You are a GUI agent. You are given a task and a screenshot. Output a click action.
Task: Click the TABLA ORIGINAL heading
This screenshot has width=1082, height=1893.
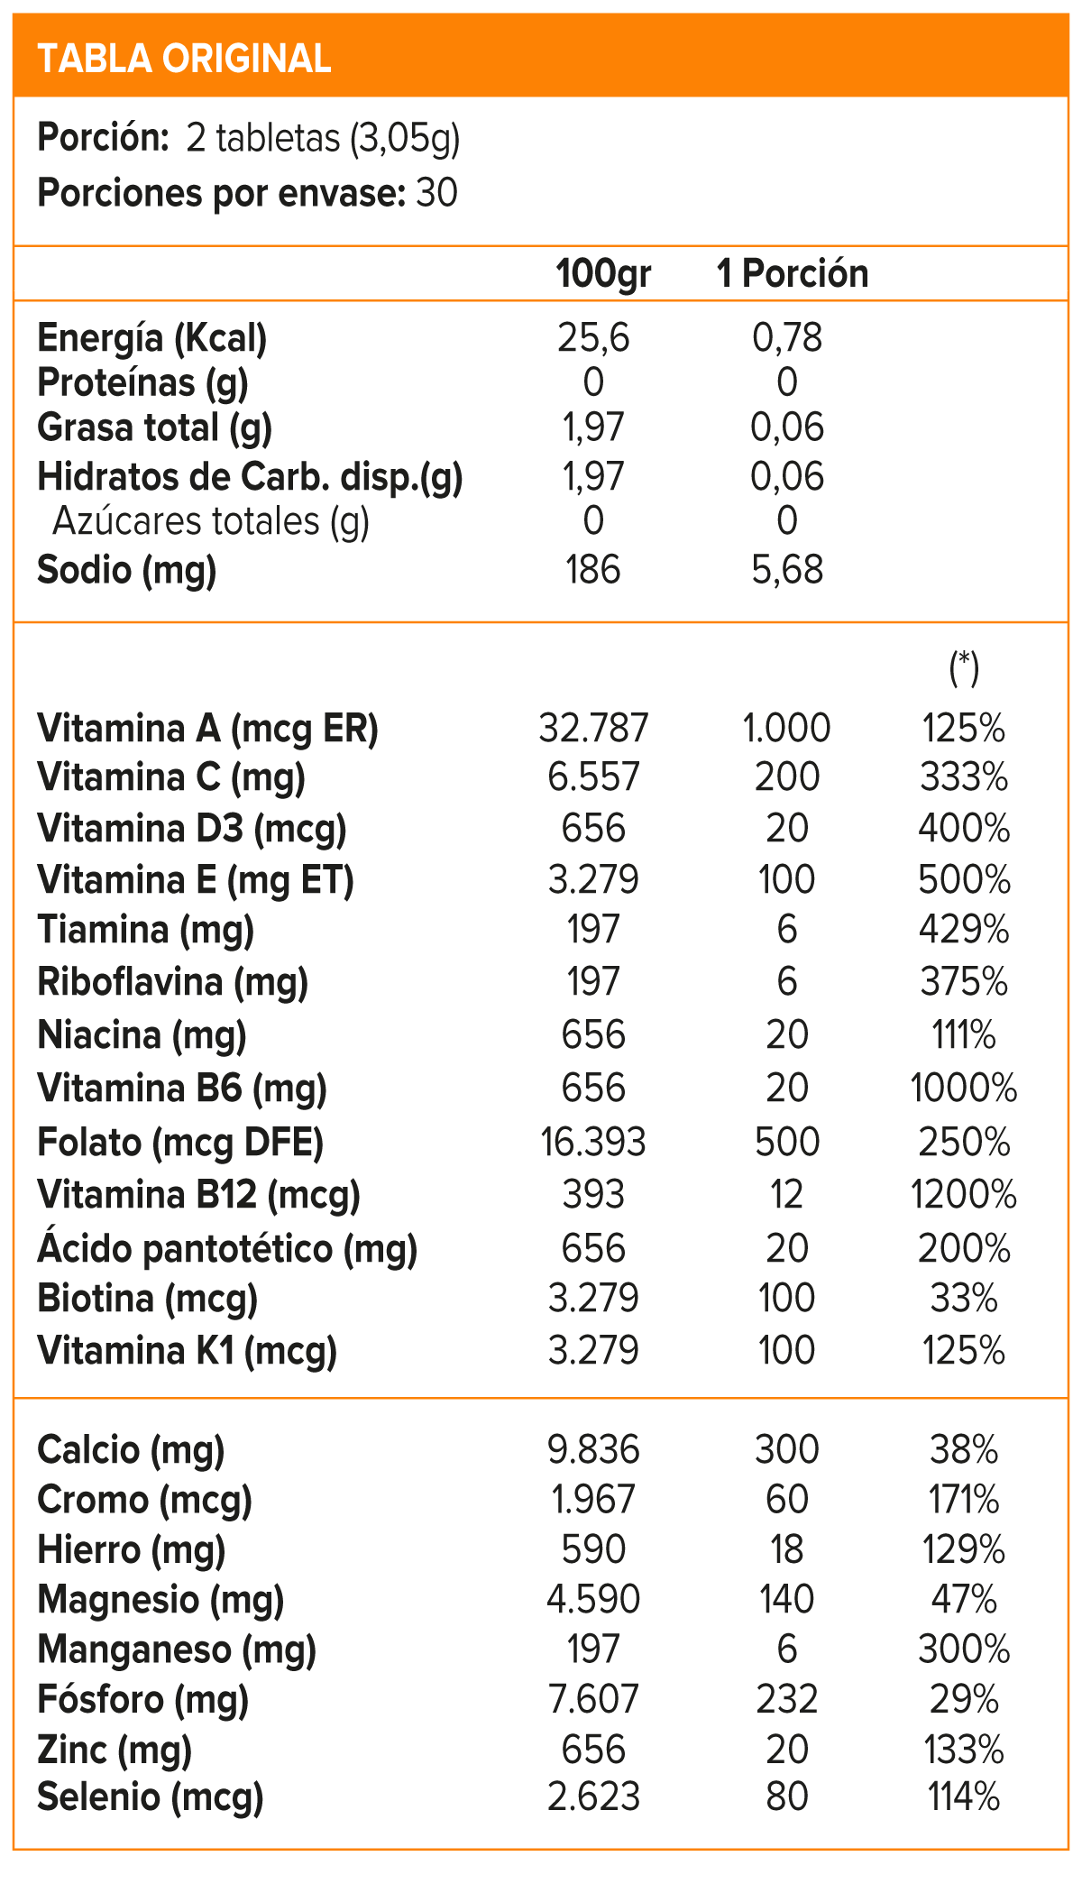tap(184, 59)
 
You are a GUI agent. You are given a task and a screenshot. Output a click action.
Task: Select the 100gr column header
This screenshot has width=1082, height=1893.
tap(603, 273)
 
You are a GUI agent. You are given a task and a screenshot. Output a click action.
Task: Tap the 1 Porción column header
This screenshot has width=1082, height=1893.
tap(793, 273)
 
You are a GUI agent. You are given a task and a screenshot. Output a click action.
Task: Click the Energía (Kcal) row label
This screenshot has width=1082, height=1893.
tap(152, 338)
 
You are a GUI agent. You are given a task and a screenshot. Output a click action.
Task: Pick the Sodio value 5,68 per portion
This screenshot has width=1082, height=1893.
tap(787, 570)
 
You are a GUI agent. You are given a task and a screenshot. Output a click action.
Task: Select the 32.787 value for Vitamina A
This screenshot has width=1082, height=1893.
tap(593, 728)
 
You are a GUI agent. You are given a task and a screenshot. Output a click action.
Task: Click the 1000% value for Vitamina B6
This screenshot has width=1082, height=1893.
tap(964, 1088)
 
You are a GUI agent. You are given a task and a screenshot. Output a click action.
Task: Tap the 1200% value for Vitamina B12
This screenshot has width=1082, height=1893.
tap(964, 1195)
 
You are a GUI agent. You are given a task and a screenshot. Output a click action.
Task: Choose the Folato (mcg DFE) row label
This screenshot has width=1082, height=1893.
tap(180, 1143)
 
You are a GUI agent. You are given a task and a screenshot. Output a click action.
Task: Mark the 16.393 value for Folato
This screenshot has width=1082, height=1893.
tap(593, 1143)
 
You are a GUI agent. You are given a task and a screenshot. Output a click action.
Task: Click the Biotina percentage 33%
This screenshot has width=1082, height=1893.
tap(964, 1299)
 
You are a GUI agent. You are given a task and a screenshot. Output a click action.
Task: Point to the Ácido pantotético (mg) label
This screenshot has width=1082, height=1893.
tap(227, 1249)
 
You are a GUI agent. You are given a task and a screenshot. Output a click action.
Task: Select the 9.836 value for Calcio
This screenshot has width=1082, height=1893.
tap(593, 1450)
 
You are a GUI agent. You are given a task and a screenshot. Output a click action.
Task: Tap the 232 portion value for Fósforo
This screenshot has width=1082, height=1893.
tap(787, 1699)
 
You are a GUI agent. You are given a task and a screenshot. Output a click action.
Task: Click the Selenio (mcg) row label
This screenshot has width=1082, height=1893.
tap(151, 1797)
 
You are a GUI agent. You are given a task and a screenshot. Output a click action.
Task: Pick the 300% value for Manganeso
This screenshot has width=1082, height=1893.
tap(964, 1649)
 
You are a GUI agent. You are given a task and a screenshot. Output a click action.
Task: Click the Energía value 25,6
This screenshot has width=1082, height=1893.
tap(593, 338)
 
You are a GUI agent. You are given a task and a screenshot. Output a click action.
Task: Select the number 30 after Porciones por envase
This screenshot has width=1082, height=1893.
tap(437, 193)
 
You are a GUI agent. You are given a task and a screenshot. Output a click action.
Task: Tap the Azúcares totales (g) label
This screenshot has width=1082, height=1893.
tap(211, 521)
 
